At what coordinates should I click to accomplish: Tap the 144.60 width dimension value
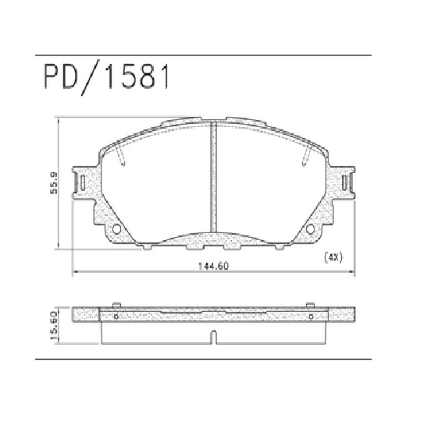point(212,267)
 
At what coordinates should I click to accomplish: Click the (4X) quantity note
point(334,257)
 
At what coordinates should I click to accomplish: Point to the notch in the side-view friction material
point(212,338)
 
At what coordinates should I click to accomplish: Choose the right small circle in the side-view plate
point(311,317)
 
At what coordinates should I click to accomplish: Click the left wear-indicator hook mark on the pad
point(121,161)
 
